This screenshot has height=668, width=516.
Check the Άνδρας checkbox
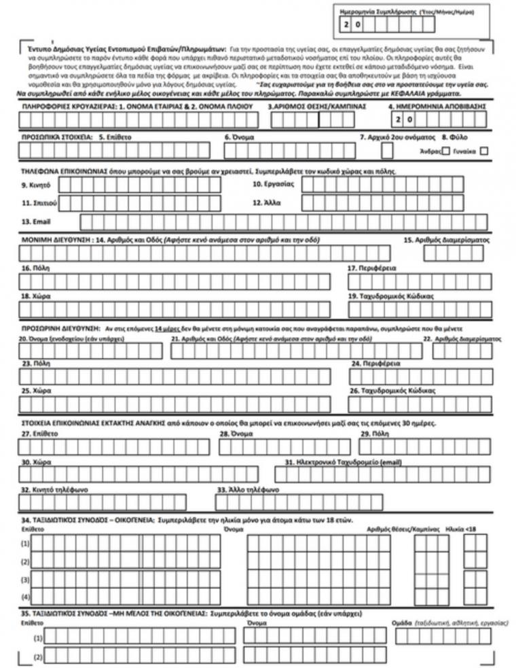click(446, 151)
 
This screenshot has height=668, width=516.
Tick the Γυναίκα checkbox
click(484, 151)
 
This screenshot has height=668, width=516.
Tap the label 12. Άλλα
click(267, 203)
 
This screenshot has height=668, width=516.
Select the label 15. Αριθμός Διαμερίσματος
click(447, 240)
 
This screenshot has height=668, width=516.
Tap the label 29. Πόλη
click(374, 433)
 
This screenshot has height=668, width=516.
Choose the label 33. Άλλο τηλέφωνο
click(248, 489)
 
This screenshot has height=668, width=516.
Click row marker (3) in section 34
click(25, 580)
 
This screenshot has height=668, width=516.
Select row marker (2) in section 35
click(38, 657)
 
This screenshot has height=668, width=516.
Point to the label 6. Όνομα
click(240, 137)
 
